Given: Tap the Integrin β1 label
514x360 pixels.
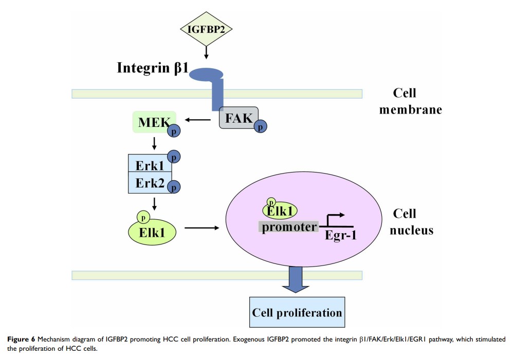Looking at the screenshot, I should (x=152, y=67).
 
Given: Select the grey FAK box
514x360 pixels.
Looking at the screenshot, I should (x=238, y=118).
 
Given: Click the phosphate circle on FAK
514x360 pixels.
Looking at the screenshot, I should (x=261, y=126).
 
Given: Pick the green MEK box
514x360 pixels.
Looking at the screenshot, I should (x=153, y=122).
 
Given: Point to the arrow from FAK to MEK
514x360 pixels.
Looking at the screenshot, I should (x=198, y=120).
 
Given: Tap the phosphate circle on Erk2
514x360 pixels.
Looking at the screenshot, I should (x=173, y=187).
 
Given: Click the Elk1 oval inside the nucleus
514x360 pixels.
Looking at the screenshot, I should (x=280, y=209).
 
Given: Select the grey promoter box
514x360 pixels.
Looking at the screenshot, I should (x=289, y=226).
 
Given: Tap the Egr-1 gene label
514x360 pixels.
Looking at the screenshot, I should (x=341, y=237).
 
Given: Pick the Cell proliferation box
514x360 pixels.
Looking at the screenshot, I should (x=297, y=312).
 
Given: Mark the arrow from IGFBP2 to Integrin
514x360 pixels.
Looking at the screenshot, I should (x=205, y=52).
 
